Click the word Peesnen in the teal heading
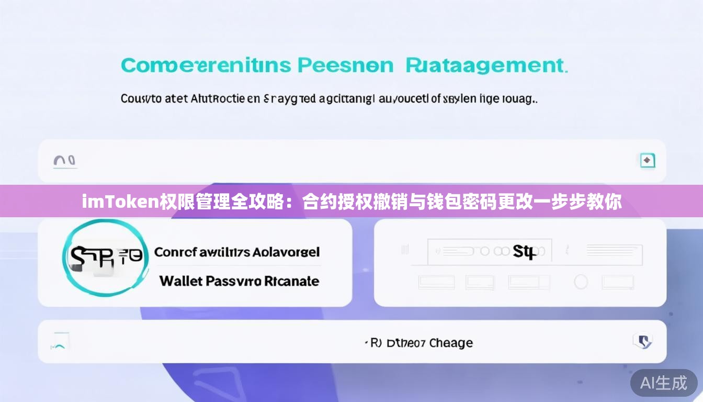345,65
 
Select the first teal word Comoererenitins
206,65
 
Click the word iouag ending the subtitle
519,98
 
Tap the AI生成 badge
664,383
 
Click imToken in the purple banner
121,201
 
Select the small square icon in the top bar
648,161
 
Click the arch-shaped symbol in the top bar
65,161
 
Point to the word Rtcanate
291,281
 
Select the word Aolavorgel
286,252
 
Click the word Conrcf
175,252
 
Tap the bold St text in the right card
524,252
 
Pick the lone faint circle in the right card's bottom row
581,282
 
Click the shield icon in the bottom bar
642,342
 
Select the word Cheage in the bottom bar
450,343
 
